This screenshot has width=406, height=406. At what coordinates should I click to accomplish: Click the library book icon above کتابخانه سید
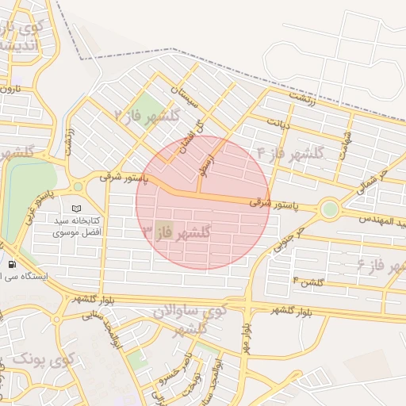(77, 207)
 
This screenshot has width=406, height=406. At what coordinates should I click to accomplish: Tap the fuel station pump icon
(12, 264)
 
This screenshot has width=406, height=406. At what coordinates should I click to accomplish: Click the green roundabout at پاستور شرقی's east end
(328, 209)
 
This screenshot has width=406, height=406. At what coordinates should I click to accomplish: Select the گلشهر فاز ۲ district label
(147, 115)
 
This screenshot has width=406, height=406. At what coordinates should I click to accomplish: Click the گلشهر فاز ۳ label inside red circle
(176, 232)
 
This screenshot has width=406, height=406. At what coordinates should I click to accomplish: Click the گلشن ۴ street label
(308, 282)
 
